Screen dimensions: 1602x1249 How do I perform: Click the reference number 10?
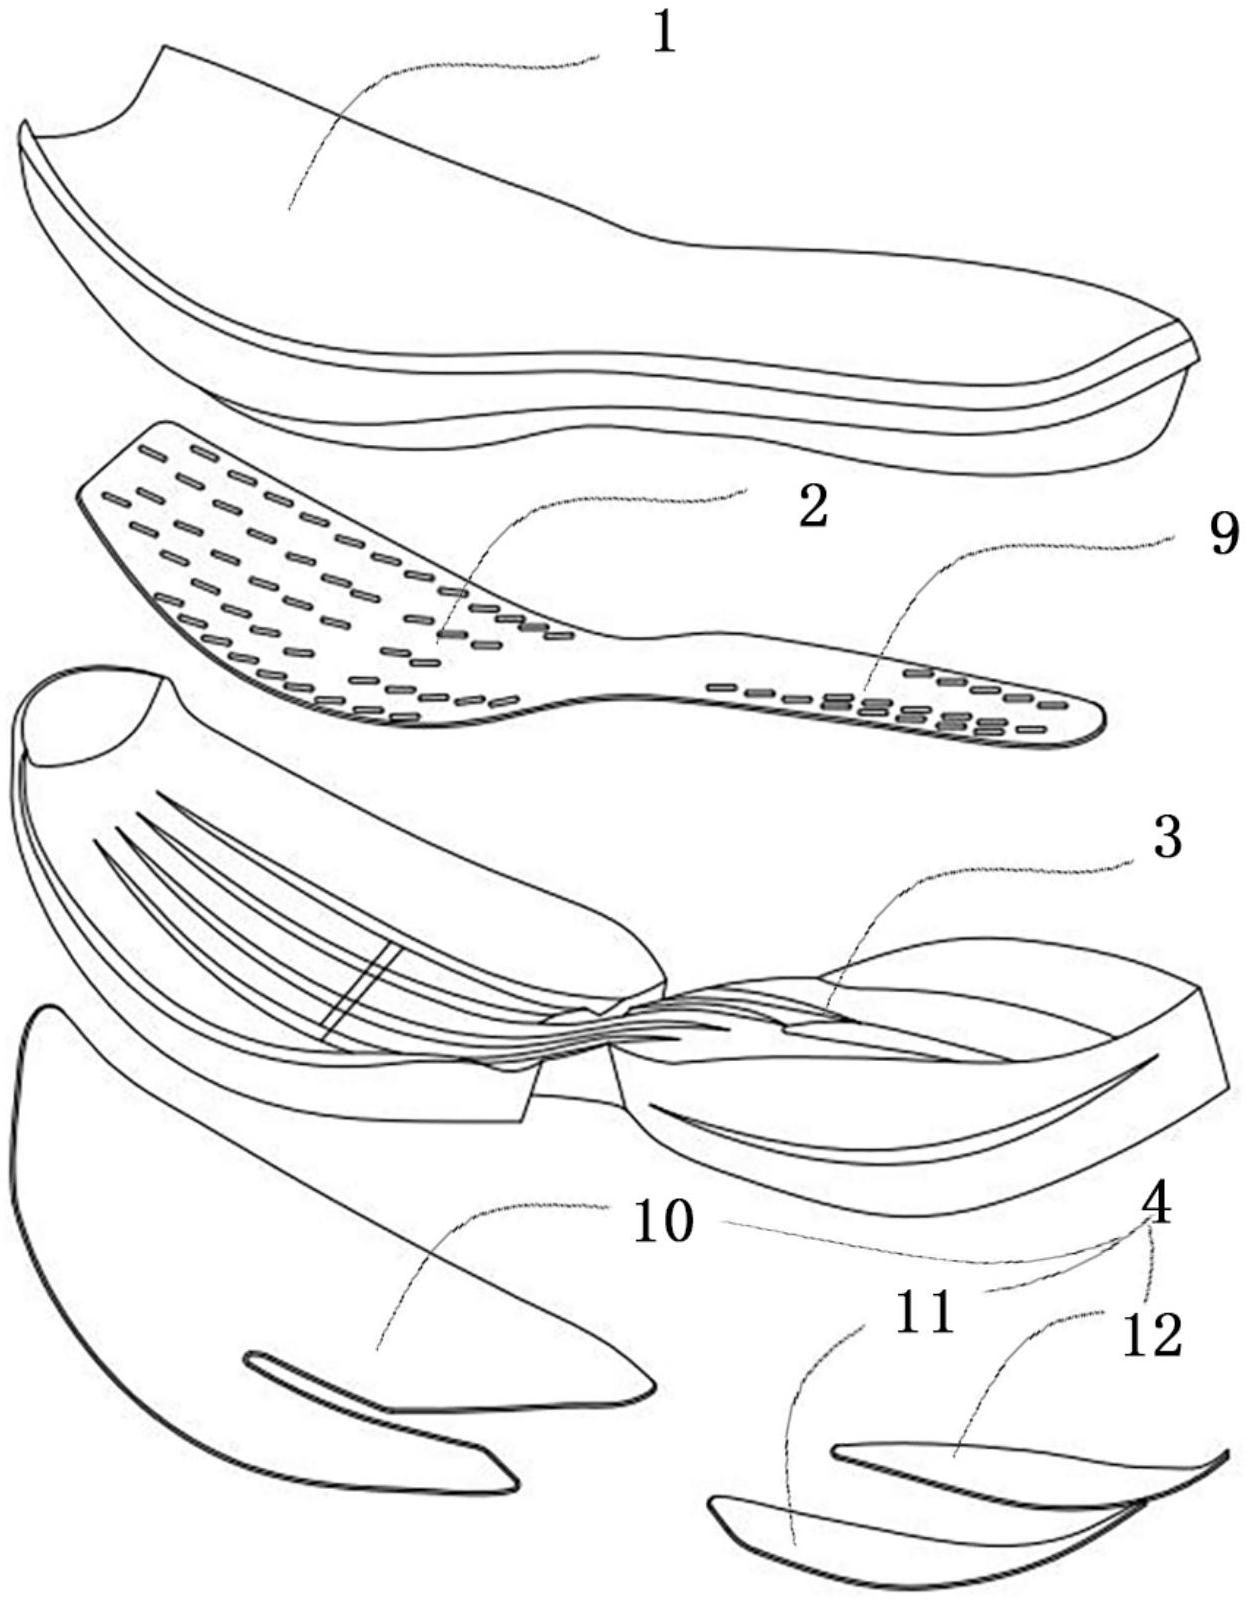(663, 1221)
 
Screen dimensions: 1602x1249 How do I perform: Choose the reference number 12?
(1151, 1336)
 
